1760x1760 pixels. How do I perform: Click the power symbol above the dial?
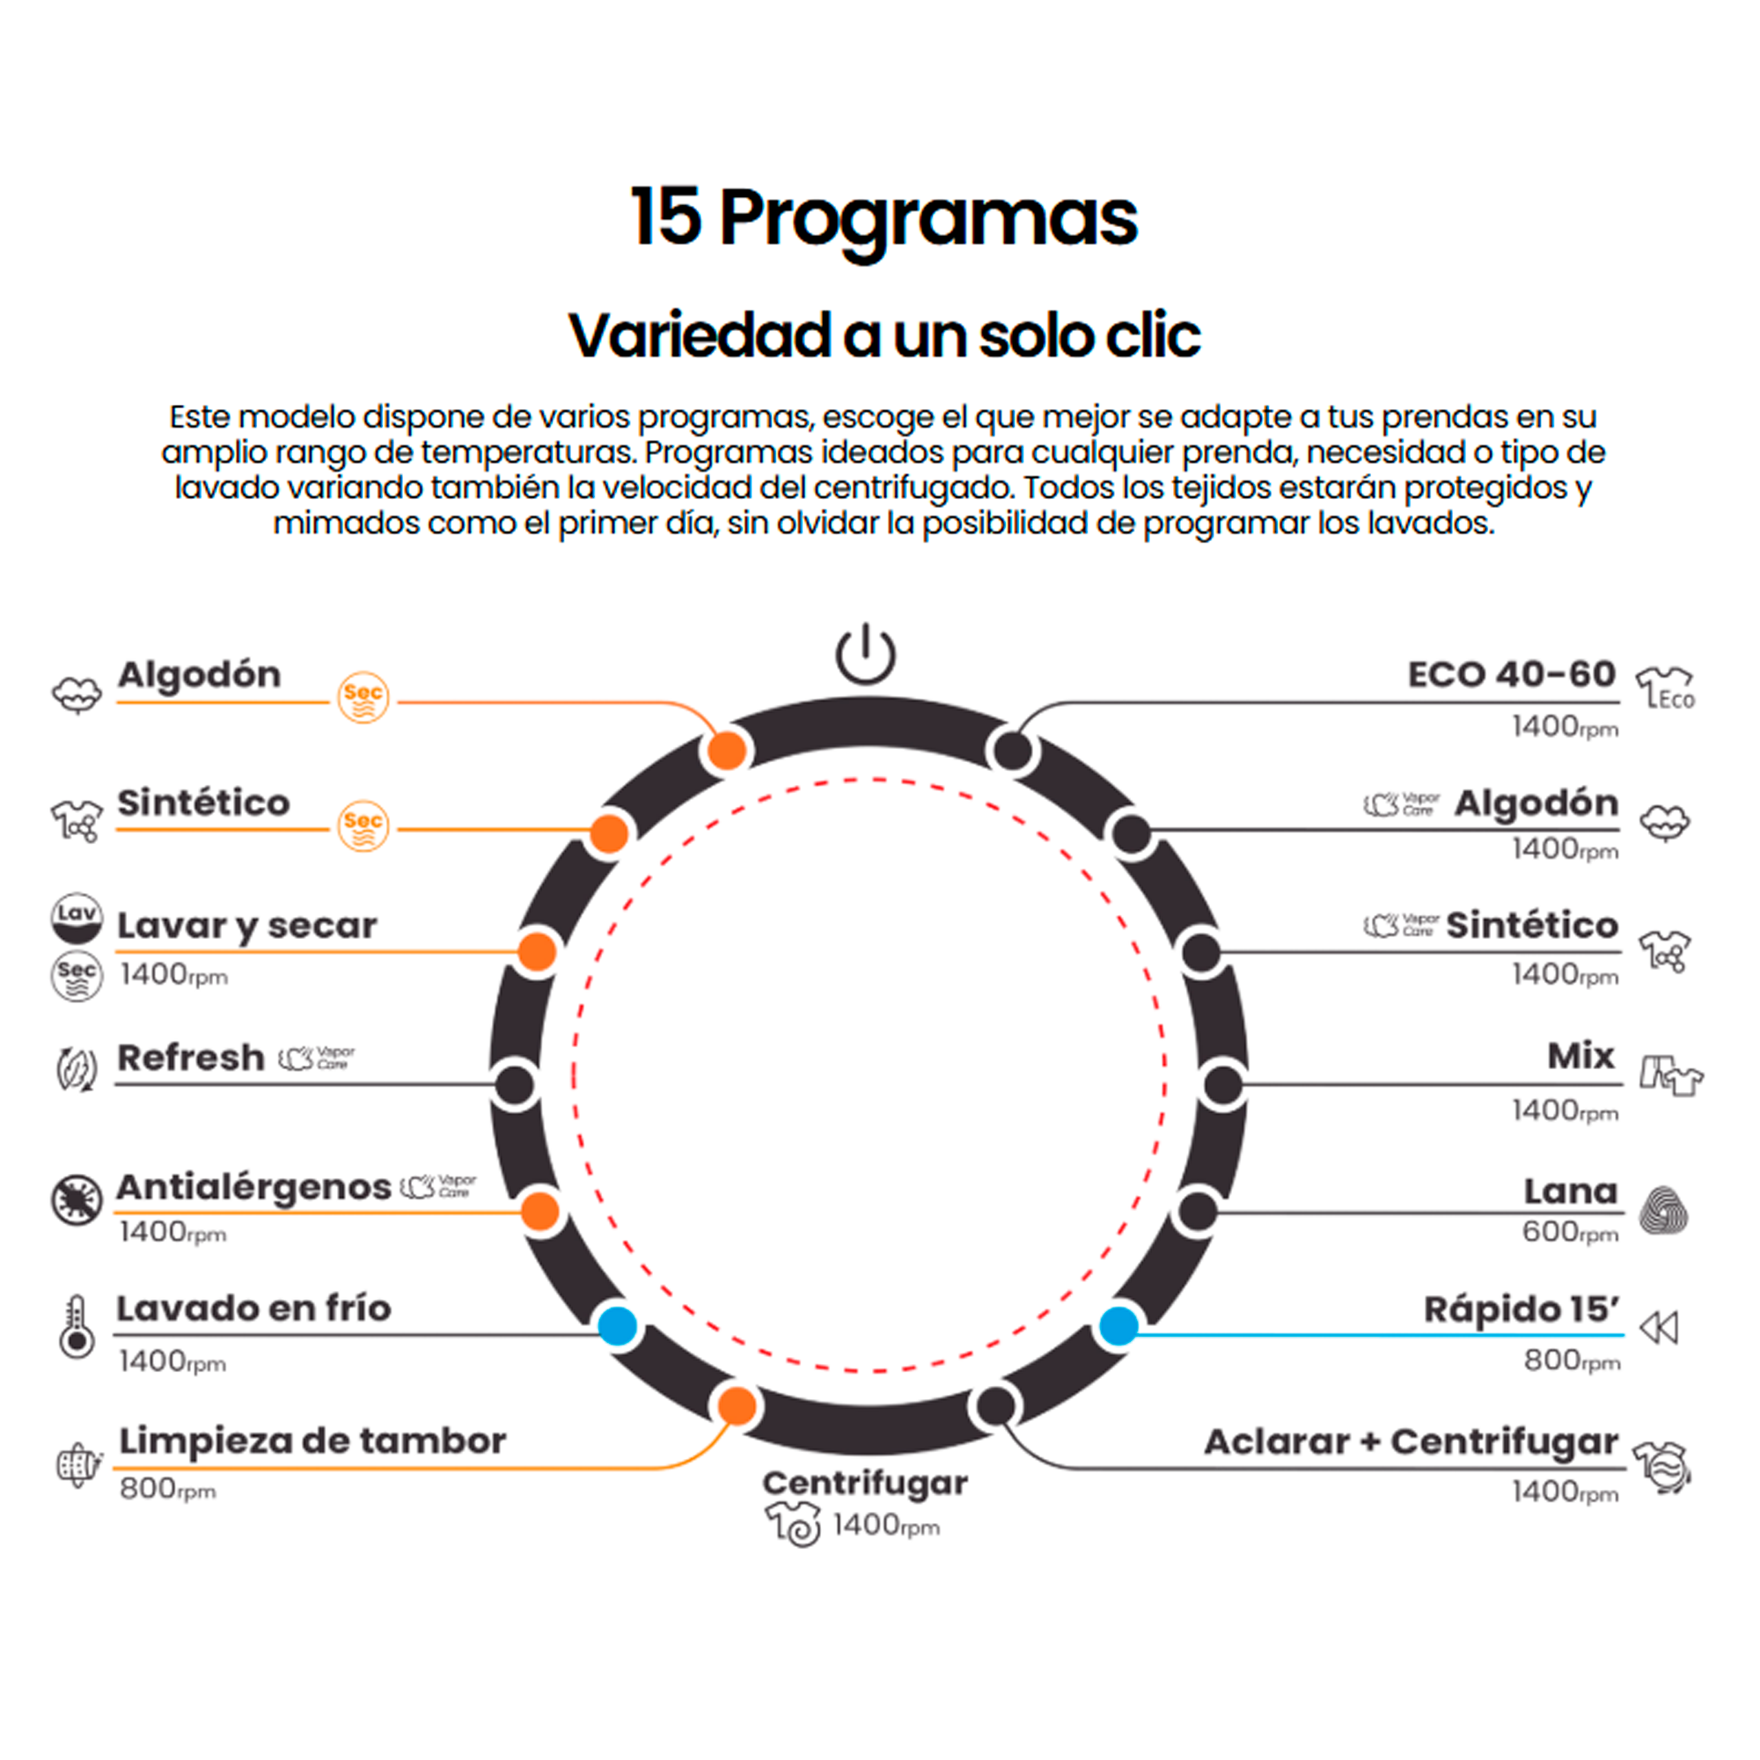(x=865, y=654)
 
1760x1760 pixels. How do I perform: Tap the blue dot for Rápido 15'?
(x=1118, y=1325)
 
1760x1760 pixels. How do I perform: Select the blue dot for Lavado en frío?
(x=618, y=1325)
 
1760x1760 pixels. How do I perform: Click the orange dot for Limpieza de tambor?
(x=736, y=1406)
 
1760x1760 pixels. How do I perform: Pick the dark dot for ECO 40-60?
(x=1012, y=752)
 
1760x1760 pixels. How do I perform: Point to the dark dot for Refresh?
(x=515, y=1085)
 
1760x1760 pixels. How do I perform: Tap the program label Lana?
(x=1571, y=1192)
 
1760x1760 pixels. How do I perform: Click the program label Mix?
(x=1580, y=1057)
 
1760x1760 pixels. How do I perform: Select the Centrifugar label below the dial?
(x=864, y=1483)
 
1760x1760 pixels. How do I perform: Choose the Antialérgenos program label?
(x=254, y=1188)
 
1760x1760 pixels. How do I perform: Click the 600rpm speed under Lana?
(x=1570, y=1233)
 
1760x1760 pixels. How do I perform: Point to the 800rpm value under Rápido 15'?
(x=1572, y=1361)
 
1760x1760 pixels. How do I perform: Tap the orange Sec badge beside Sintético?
(x=363, y=825)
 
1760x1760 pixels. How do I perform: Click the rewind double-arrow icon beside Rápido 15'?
(x=1659, y=1328)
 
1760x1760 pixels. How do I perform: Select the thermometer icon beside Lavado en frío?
(x=77, y=1328)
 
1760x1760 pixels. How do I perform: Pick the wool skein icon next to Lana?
(x=1662, y=1211)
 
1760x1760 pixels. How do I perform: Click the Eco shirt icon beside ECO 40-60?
(x=1665, y=688)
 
